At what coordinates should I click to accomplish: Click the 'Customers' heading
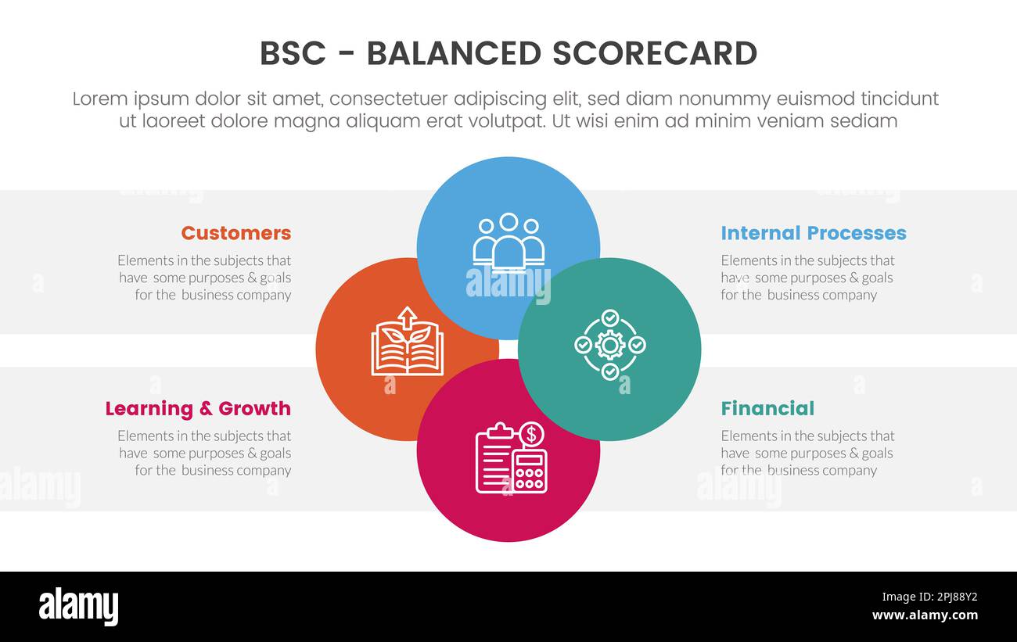click(235, 233)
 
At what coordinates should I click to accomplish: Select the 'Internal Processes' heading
click(813, 233)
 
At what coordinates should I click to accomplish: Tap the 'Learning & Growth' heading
click(197, 408)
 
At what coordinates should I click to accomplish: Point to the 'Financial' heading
click(767, 408)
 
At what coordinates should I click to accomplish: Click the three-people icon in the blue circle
click(508, 240)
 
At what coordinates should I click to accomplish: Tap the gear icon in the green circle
click(609, 345)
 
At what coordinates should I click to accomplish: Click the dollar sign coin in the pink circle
click(532, 433)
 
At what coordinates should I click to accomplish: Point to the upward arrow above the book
click(407, 317)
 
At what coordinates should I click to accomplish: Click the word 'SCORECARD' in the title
click(654, 53)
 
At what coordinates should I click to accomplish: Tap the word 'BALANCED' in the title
click(454, 53)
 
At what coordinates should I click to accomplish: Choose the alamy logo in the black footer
click(78, 607)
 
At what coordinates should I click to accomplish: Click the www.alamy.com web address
click(925, 615)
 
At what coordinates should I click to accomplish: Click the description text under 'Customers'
click(204, 278)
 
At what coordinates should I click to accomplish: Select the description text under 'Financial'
click(807, 453)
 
